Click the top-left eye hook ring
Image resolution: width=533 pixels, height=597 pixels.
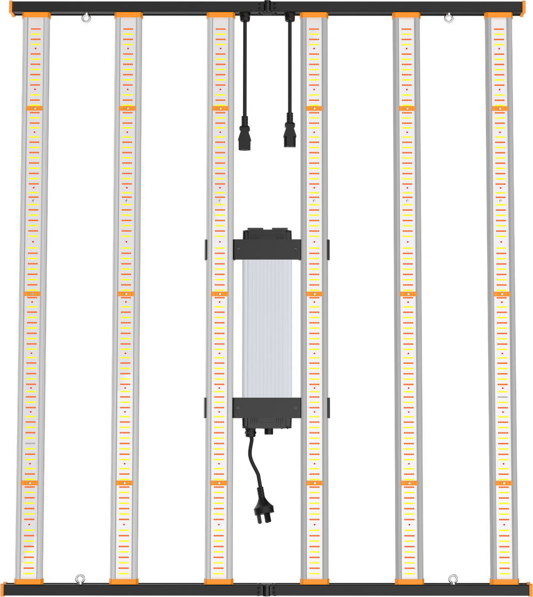click(x=85, y=19)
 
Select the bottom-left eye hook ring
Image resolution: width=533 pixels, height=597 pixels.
click(x=80, y=577)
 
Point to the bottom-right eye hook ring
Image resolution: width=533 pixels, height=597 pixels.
click(x=453, y=577)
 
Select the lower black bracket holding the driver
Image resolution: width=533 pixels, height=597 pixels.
click(x=266, y=407)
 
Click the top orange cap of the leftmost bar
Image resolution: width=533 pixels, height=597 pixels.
click(x=36, y=15)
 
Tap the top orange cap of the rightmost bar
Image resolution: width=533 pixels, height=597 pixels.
click(x=498, y=15)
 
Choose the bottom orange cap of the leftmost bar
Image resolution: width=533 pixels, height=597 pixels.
click(x=29, y=581)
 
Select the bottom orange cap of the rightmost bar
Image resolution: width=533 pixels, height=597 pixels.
click(x=504, y=581)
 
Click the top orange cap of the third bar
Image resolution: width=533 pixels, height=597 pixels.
click(x=220, y=15)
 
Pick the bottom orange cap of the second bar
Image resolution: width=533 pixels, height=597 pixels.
click(x=124, y=581)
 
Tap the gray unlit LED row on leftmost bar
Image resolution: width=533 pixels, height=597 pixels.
click(x=30, y=443)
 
